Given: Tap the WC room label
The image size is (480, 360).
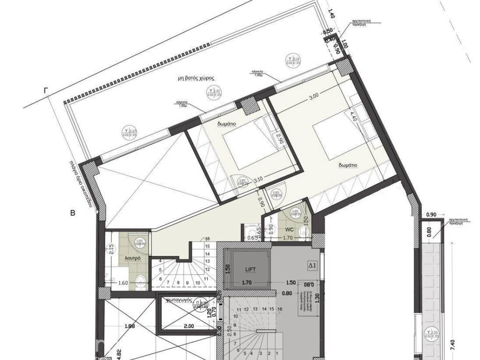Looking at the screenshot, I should point(289,229).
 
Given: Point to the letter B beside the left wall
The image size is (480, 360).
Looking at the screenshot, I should point(73,213).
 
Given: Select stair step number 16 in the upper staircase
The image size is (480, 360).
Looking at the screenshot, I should point(207,239).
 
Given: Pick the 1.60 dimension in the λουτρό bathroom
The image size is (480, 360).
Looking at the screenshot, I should point(123,283).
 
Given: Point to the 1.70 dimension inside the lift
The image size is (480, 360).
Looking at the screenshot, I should point(247,283).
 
